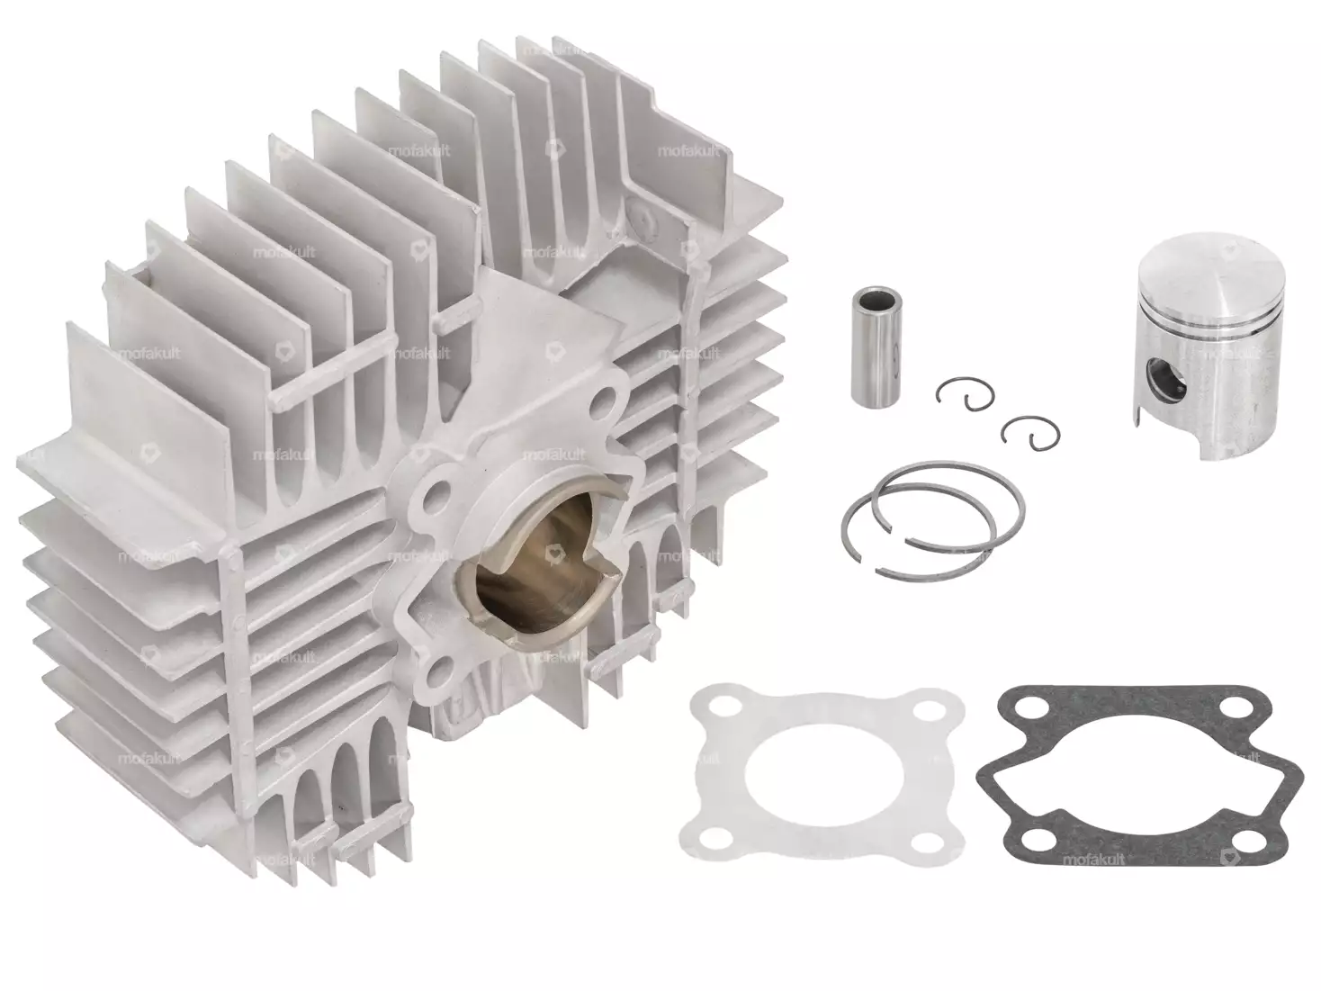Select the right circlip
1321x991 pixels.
point(1023,430)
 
